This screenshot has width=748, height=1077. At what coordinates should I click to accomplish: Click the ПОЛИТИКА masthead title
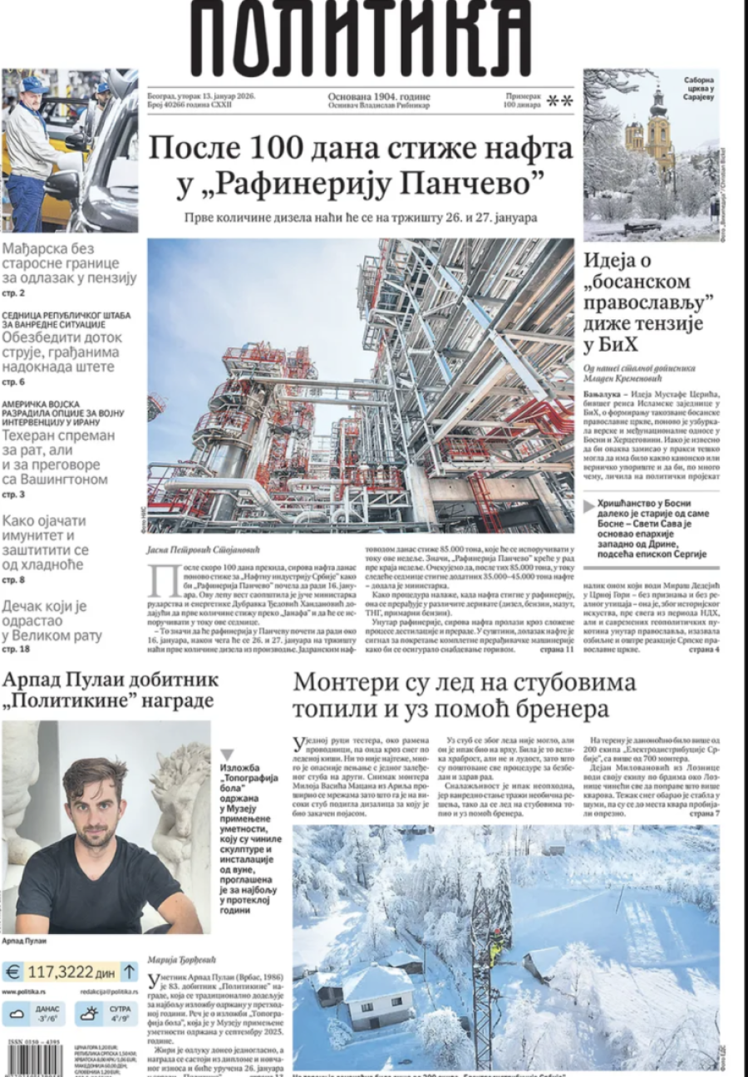coord(360,37)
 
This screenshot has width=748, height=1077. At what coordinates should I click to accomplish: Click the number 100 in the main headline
coord(293,150)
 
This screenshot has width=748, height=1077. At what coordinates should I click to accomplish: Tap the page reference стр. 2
coord(14,293)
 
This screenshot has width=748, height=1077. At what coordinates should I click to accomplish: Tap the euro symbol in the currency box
coord(13,971)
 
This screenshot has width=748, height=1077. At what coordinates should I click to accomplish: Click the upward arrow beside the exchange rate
coord(129,971)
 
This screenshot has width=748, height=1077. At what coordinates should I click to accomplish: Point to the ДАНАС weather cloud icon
coord(17,1013)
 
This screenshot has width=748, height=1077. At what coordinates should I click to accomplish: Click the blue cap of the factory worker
coord(35,84)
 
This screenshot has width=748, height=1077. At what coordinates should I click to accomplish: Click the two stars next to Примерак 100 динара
coord(559,101)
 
